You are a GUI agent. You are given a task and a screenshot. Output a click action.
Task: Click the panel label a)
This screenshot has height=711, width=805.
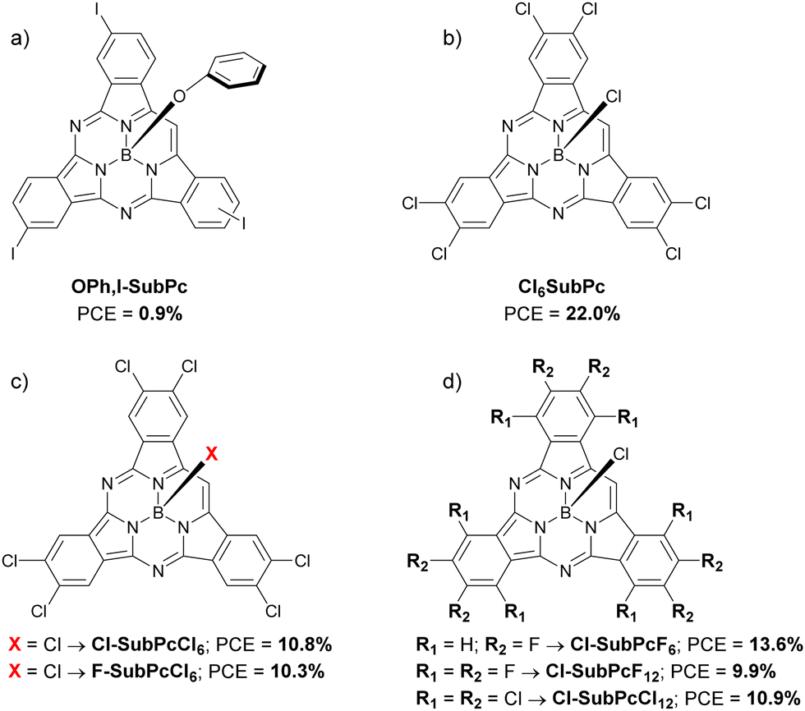20,38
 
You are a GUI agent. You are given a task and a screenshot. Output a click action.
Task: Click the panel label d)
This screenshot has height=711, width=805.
453,381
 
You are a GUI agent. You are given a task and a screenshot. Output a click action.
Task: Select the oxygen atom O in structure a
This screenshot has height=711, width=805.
180,96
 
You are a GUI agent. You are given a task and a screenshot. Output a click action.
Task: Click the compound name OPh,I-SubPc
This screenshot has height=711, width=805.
130,287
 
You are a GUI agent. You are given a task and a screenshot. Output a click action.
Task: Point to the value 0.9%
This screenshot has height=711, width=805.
160,314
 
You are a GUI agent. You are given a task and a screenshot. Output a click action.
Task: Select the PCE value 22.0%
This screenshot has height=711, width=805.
592,314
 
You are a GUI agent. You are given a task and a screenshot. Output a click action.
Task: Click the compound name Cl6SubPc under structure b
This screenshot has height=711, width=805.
562,287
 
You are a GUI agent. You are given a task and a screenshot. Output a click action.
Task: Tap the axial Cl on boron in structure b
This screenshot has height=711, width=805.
614,96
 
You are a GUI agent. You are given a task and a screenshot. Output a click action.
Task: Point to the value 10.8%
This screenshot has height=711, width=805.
305,644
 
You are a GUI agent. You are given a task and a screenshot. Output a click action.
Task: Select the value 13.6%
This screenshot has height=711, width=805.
775,644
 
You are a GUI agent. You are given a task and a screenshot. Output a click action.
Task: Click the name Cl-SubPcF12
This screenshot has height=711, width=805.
605,672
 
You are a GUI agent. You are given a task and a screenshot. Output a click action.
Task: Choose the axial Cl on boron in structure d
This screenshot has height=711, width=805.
621,453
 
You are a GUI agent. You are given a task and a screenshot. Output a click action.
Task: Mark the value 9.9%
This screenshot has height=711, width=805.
752,671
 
